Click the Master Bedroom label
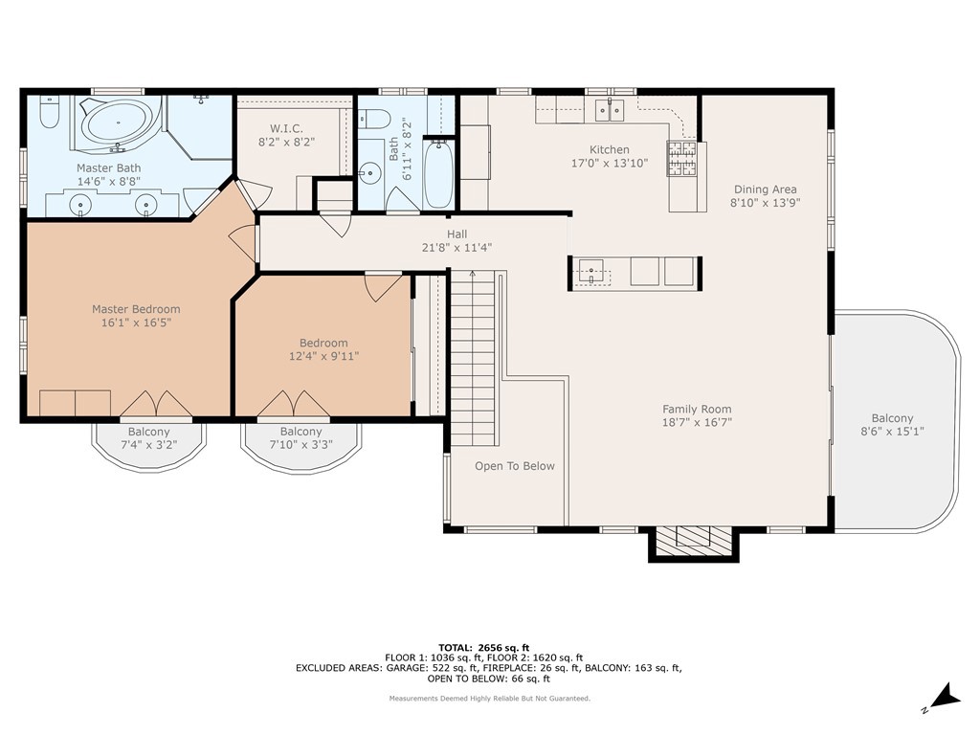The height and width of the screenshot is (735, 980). point(136,309)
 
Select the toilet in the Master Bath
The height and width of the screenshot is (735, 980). point(50,114)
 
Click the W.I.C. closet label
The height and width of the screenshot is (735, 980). point(286,128)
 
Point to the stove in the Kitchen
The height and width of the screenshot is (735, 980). point(681,158)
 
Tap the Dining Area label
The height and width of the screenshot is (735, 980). point(765,189)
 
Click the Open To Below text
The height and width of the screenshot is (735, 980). point(515,466)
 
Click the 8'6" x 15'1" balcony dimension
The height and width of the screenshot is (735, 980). point(892,432)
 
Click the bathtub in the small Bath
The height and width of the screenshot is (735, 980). point(437,173)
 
